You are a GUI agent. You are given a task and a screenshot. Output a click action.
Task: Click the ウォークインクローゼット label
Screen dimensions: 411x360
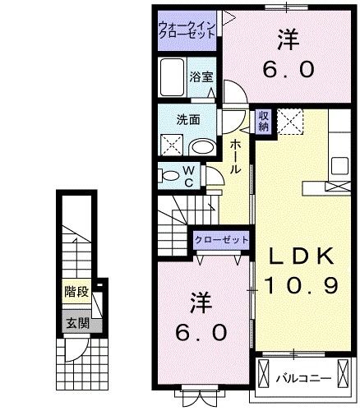(x=187, y=30)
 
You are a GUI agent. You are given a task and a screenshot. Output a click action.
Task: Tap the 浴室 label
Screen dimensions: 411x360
(x=201, y=76)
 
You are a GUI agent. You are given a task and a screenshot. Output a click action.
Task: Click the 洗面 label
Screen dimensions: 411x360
(x=188, y=119)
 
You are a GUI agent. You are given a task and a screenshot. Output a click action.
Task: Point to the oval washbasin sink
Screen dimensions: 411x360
(x=200, y=146)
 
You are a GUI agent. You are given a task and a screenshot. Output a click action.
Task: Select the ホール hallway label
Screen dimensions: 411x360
(x=235, y=156)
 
